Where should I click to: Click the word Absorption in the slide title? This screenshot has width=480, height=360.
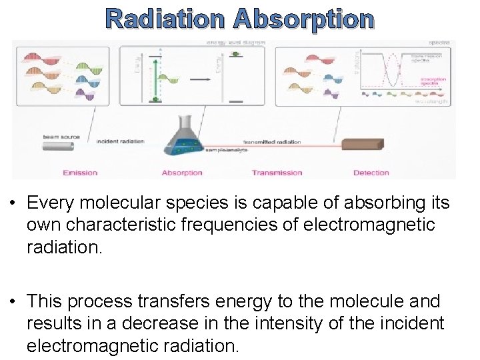point(304,19)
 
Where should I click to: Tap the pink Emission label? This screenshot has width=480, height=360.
point(80,173)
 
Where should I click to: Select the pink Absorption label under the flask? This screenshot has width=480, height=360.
point(182,173)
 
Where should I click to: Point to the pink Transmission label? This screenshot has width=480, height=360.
point(277,173)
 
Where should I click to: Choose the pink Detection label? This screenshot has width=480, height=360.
point(371,173)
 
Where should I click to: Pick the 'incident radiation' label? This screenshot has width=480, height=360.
point(121,141)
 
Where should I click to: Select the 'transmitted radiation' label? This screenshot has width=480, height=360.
point(272,142)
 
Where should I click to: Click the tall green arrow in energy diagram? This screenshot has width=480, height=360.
point(155,80)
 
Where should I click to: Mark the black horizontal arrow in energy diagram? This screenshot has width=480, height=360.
point(200,79)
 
